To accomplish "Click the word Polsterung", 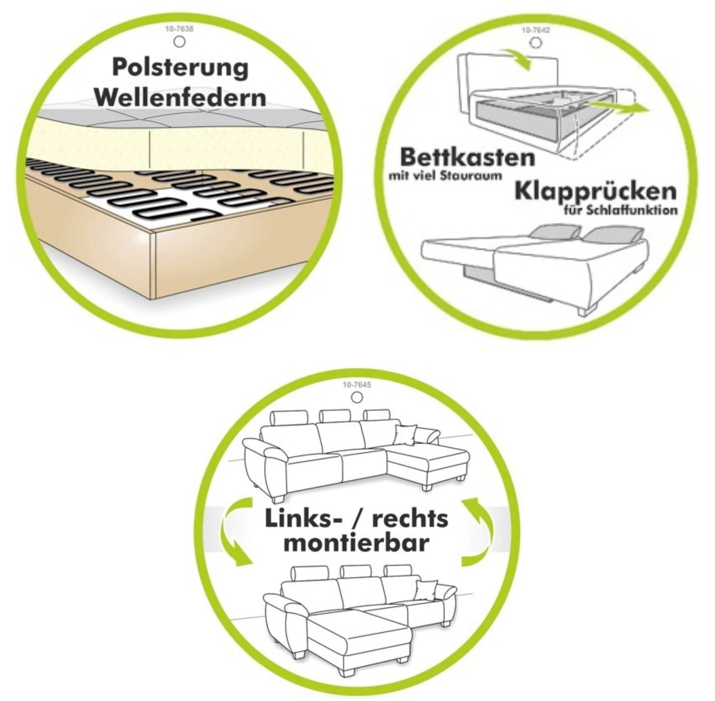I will [180, 68].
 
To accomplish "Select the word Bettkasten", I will [467, 157].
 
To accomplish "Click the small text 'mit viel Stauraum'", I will [445, 176].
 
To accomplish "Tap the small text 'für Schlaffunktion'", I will [621, 210].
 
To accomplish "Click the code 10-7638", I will [179, 29].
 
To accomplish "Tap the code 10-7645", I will [357, 385].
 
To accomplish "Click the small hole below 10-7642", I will [535, 43].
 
